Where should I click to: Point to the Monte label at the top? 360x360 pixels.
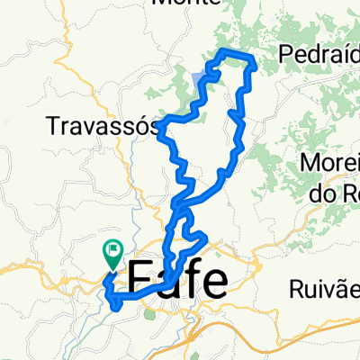[x=187, y=4]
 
